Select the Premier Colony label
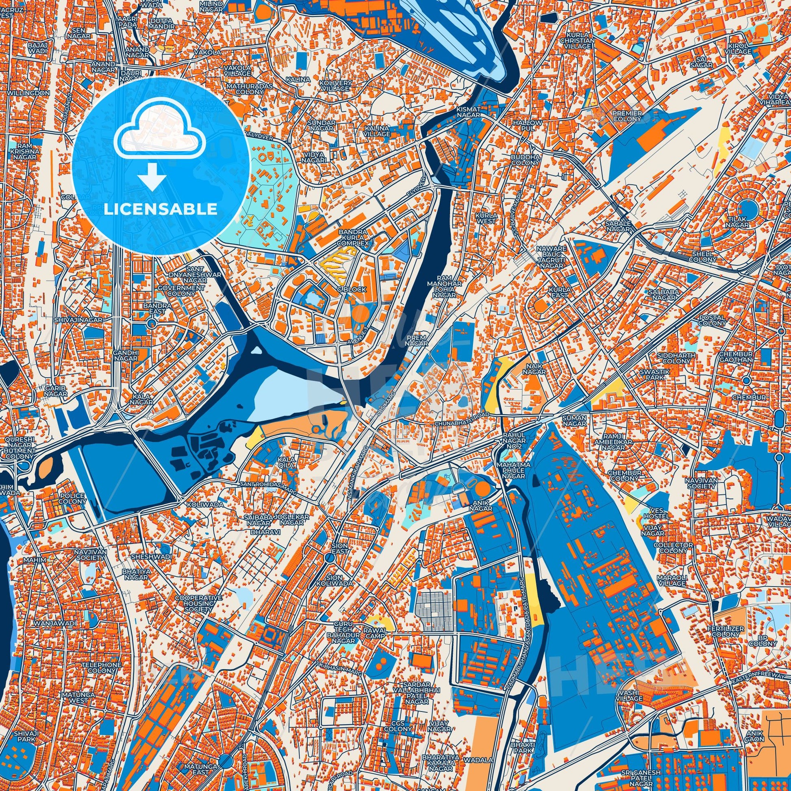tap(626, 115)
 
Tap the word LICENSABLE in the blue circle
tap(161, 209)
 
